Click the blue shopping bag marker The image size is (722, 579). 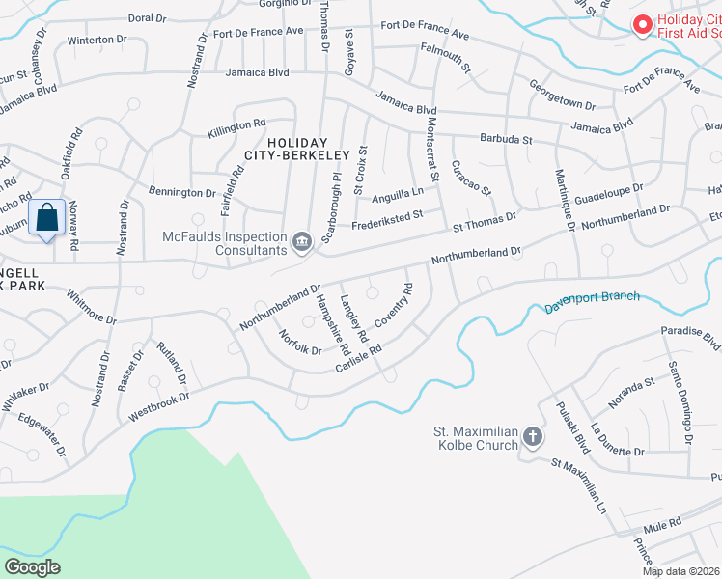tap(47, 218)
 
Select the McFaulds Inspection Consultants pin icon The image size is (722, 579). tap(302, 240)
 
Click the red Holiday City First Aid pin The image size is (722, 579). tap(639, 24)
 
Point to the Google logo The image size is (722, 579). tap(32, 566)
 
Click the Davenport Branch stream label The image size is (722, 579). tap(592, 300)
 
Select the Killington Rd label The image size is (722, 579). tap(236, 126)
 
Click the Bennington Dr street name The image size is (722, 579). tap(181, 191)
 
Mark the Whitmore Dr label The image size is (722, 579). tap(92, 308)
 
